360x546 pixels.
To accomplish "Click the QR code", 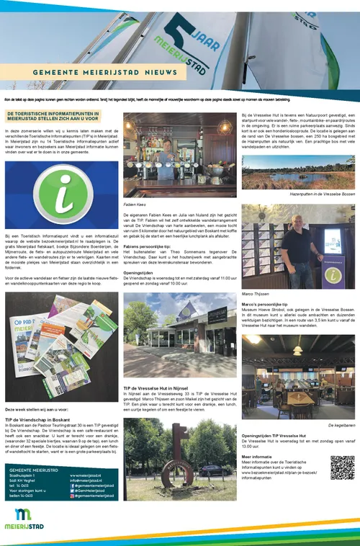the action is (x=343, y=467).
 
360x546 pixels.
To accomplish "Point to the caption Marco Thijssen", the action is (x=254, y=293).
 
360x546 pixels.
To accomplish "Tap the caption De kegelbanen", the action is (x=341, y=426).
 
